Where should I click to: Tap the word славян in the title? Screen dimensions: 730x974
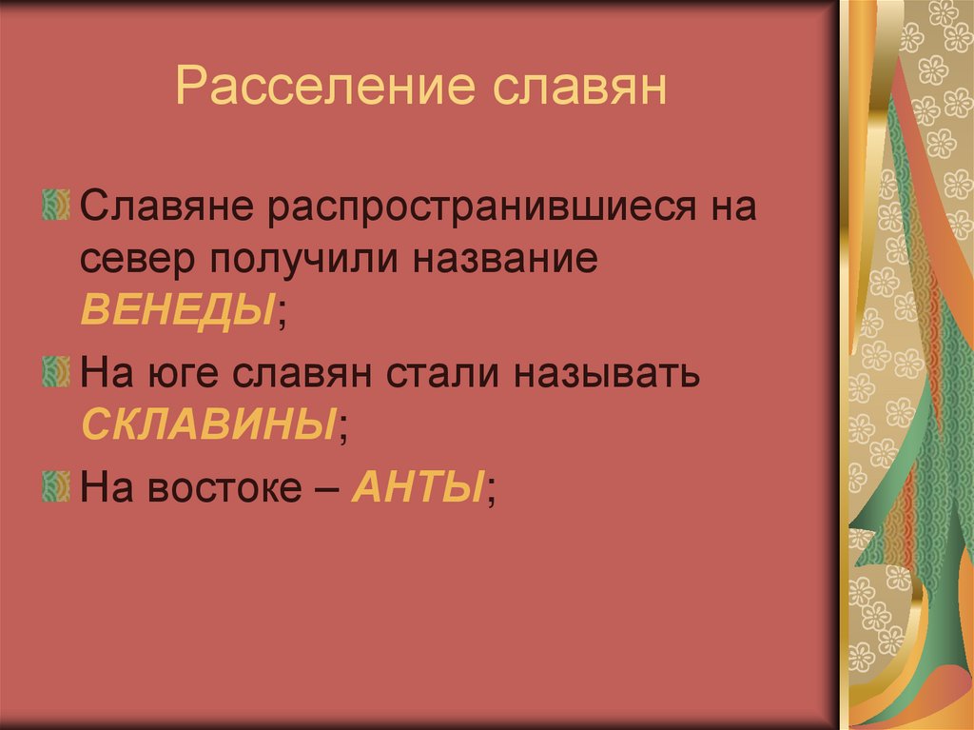pos(577,88)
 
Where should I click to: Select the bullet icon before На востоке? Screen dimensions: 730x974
pos(56,488)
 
